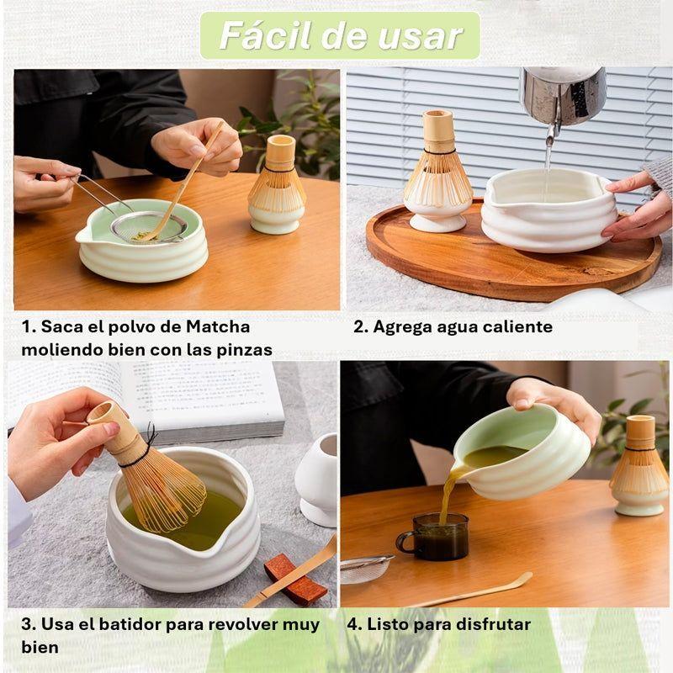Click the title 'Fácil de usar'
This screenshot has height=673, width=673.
(340, 36)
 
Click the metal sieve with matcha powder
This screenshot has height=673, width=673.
(151, 225)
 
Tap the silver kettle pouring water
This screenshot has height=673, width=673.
(562, 94)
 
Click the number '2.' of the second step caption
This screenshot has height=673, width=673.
(360, 326)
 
